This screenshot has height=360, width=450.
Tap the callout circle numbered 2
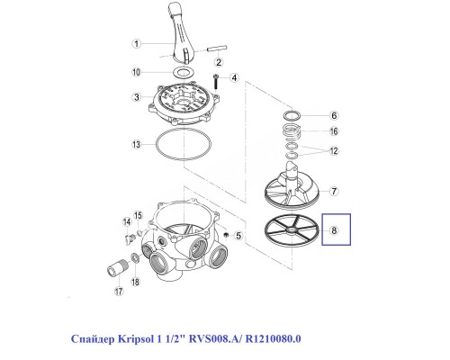pos(218,60)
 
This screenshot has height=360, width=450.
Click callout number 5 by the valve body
pos(238,235)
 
